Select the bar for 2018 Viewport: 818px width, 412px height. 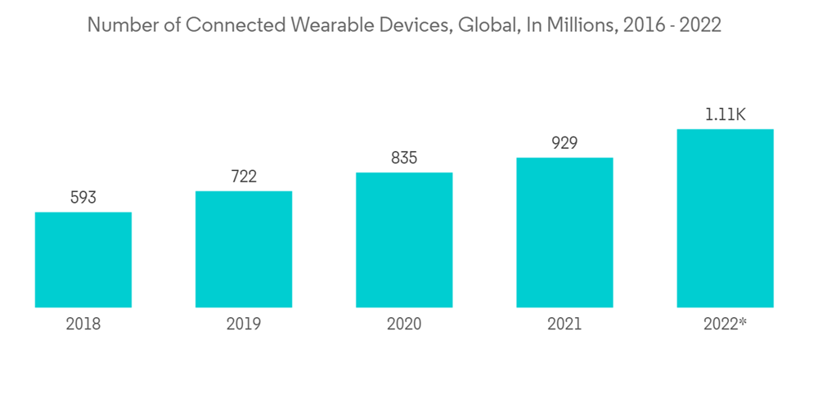pos(83,260)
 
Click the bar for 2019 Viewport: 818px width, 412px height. pos(244,249)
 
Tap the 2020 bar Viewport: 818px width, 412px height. pos(404,240)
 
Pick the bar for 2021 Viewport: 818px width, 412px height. pos(564,232)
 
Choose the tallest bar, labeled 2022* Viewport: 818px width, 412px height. pos(725,218)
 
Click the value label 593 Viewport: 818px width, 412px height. pos(83,198)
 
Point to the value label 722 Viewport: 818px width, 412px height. pos(244,177)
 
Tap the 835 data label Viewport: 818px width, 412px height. pos(404,158)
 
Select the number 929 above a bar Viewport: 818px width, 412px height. pos(564,143)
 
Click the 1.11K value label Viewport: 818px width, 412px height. pos(725,114)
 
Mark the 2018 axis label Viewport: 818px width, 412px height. pos(83,325)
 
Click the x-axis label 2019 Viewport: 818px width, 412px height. pos(244,325)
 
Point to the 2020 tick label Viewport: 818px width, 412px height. pos(404,325)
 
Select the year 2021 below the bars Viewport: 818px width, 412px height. pos(564,325)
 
